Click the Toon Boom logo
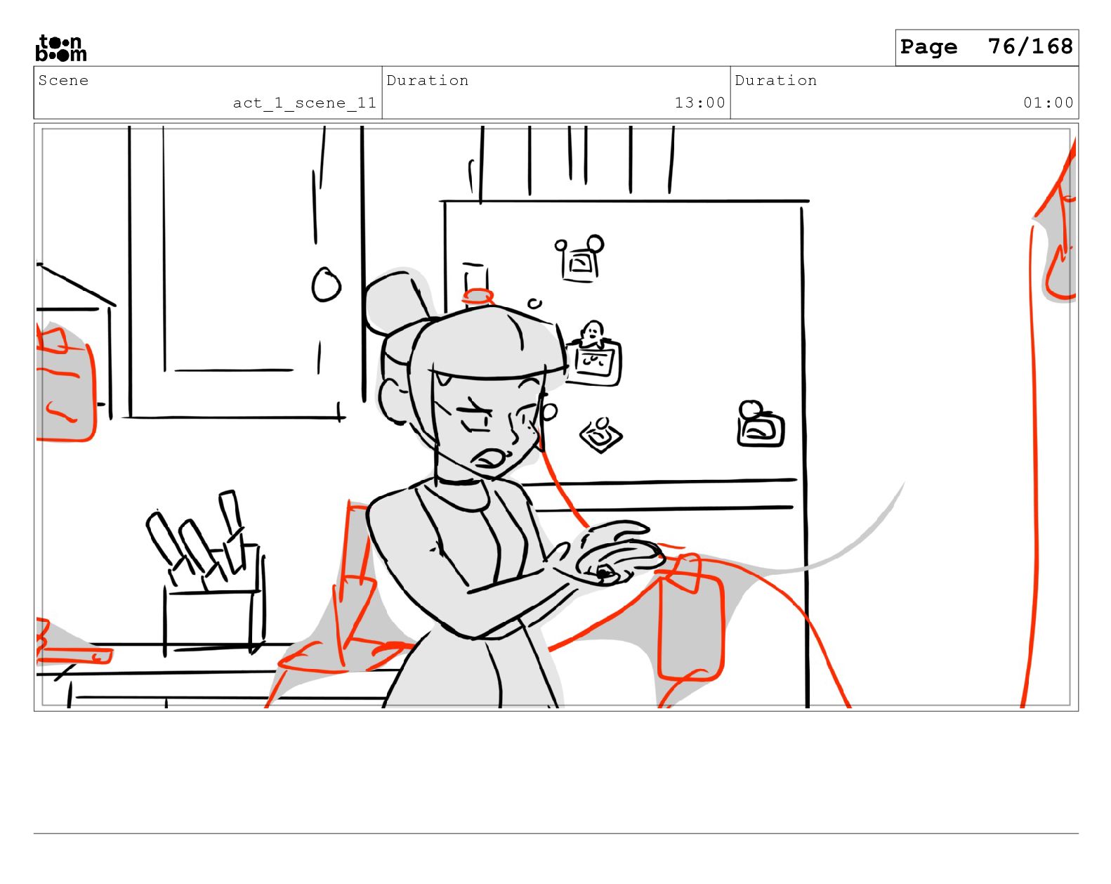[61, 48]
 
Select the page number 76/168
[1030, 46]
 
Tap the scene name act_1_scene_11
[304, 103]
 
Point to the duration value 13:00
[699, 103]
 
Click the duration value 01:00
[1048, 103]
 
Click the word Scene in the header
[63, 80]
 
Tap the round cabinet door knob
[326, 284]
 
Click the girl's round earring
[548, 412]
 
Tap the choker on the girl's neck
[459, 481]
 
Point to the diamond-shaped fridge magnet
[600, 435]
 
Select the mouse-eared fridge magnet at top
[580, 259]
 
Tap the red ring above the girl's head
[478, 297]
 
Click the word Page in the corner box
[928, 47]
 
